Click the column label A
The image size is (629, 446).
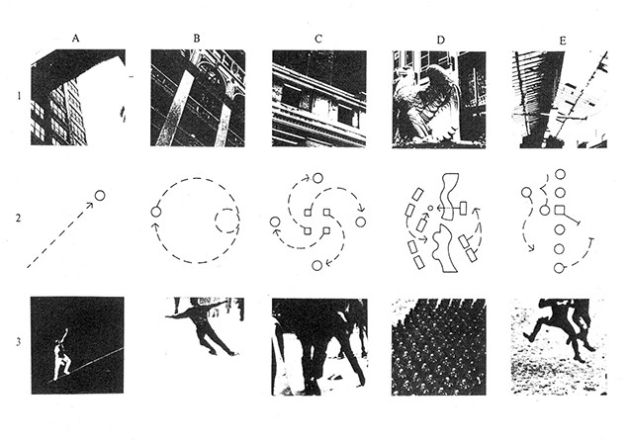[75, 38]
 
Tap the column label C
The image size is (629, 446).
[317, 38]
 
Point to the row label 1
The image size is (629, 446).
[16, 97]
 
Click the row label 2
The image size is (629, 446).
[16, 219]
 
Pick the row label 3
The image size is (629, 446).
[16, 343]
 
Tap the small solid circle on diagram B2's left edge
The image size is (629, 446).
[155, 212]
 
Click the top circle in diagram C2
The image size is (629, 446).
[317, 178]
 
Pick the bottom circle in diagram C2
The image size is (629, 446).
[316, 265]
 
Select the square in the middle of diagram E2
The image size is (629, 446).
[560, 211]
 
